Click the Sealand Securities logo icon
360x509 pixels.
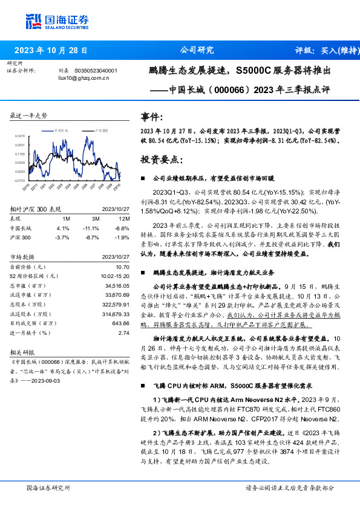tap(34, 20)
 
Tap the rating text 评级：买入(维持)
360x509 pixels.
tap(324, 50)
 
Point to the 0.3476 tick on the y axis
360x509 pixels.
tap(20, 136)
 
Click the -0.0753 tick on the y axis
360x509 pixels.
tap(20, 180)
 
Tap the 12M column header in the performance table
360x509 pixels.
tap(124, 218)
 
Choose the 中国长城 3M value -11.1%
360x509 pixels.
tap(91, 228)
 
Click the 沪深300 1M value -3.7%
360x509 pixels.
tap(63, 238)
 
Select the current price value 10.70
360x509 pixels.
tap(123, 267)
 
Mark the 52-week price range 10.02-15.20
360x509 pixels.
tap(116, 276)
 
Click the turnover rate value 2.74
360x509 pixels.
tap(125, 332)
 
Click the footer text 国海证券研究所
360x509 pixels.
tap(48, 487)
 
